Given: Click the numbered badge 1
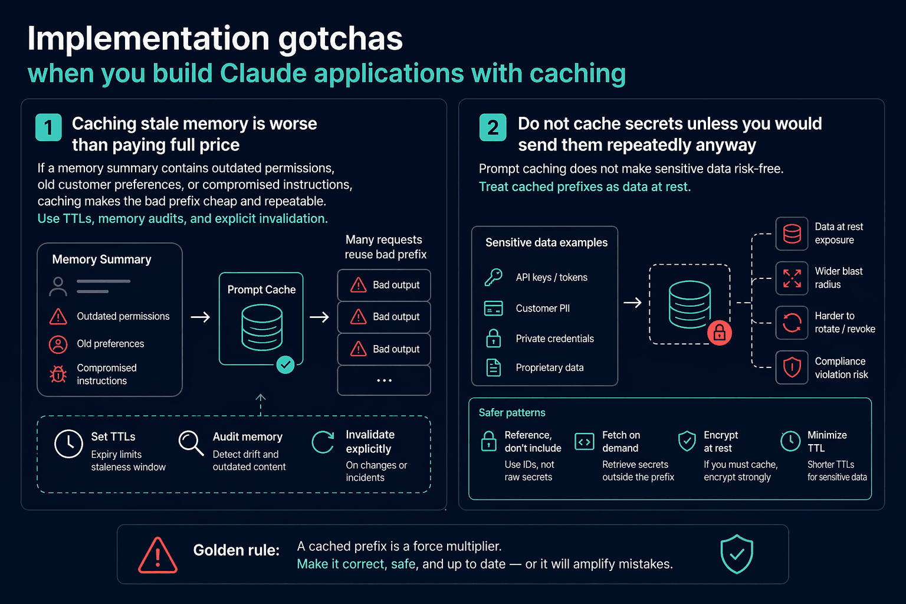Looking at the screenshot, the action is (48, 127).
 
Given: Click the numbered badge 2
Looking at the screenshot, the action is (493, 127).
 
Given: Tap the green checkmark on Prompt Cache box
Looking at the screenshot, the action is (285, 365).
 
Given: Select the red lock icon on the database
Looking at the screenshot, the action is (719, 333).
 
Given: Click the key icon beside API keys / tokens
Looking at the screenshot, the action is (494, 278).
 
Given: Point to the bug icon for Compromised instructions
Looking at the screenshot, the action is (58, 374).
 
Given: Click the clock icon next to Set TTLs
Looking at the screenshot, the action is (69, 444).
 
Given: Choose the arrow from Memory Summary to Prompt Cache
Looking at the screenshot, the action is (200, 317).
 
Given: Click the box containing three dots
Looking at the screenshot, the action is (384, 380).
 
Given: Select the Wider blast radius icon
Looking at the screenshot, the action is (792, 278).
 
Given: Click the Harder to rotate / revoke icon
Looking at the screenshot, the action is (792, 323).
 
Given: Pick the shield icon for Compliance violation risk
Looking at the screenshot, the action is (792, 367).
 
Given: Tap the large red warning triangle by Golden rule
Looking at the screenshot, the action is (157, 555).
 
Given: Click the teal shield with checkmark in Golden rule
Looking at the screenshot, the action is (737, 554).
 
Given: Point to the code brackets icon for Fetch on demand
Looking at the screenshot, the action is (585, 442).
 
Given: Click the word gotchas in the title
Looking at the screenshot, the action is (340, 40).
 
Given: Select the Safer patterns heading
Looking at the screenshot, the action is (512, 413).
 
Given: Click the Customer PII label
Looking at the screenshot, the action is (543, 308).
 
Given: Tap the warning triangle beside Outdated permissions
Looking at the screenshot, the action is (58, 316).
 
